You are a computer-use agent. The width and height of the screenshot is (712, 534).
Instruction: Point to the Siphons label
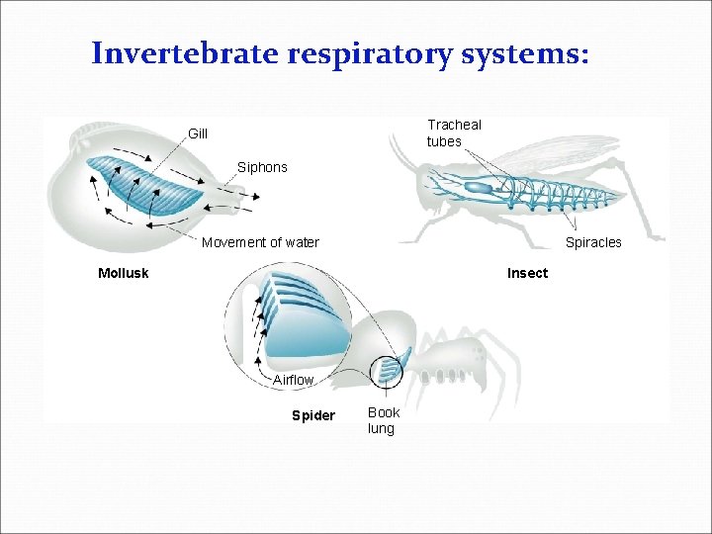[x=262, y=167]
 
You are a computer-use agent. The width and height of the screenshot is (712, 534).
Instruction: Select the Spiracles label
[x=593, y=242]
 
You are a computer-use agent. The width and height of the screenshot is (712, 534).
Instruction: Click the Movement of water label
[x=260, y=242]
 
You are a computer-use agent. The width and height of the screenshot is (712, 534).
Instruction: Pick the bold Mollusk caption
[x=123, y=273]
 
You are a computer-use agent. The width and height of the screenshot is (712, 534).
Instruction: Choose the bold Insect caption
[x=527, y=273]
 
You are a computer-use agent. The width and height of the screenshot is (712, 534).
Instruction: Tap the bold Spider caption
[x=312, y=415]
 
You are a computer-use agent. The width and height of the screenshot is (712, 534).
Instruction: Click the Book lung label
[x=383, y=420]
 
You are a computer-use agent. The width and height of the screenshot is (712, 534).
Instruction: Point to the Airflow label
[x=293, y=380]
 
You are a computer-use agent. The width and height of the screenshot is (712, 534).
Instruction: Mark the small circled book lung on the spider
[x=388, y=370]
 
